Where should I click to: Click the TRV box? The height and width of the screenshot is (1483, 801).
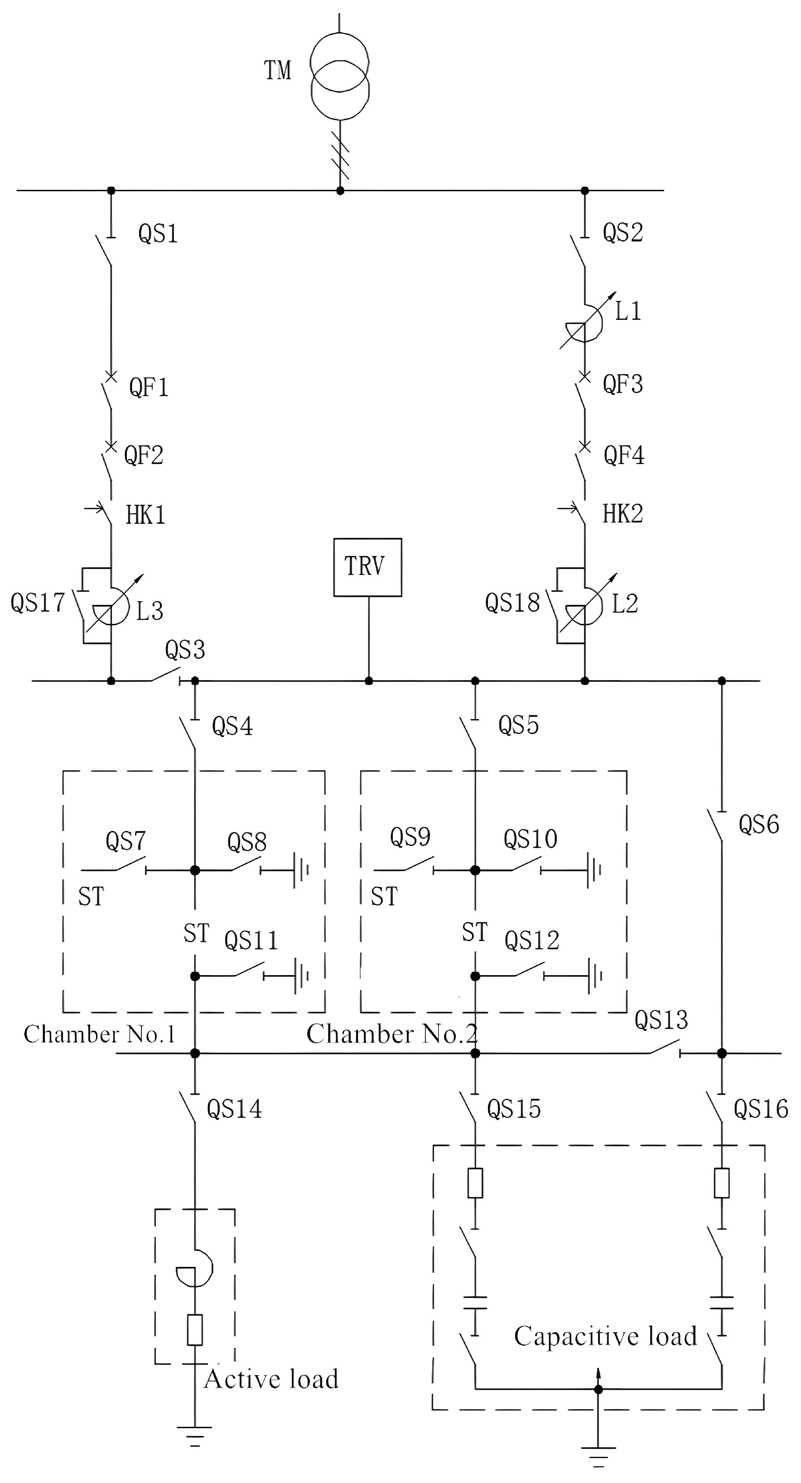pyautogui.click(x=367, y=567)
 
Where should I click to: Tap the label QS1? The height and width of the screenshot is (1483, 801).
pyautogui.click(x=158, y=234)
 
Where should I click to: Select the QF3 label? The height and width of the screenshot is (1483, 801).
pyautogui.click(x=622, y=384)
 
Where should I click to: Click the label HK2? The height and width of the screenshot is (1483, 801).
pyautogui.click(x=622, y=513)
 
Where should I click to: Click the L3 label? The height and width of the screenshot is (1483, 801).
pyautogui.click(x=150, y=611)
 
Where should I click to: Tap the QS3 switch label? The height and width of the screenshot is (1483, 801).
pyautogui.click(x=185, y=650)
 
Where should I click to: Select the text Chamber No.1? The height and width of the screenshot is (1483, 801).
pyautogui.click(x=99, y=1034)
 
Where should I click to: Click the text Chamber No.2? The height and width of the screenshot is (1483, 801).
pyautogui.click(x=391, y=1034)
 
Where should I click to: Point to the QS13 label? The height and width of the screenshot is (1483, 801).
pyautogui.click(x=661, y=1020)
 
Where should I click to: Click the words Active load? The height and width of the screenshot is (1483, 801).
pyautogui.click(x=270, y=1379)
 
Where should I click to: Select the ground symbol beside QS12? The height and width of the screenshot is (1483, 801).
pyautogui.click(x=595, y=976)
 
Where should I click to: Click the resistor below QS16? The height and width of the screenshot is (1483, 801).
pyautogui.click(x=722, y=1183)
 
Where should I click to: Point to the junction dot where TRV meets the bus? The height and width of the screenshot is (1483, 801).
pyautogui.click(x=368, y=681)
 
